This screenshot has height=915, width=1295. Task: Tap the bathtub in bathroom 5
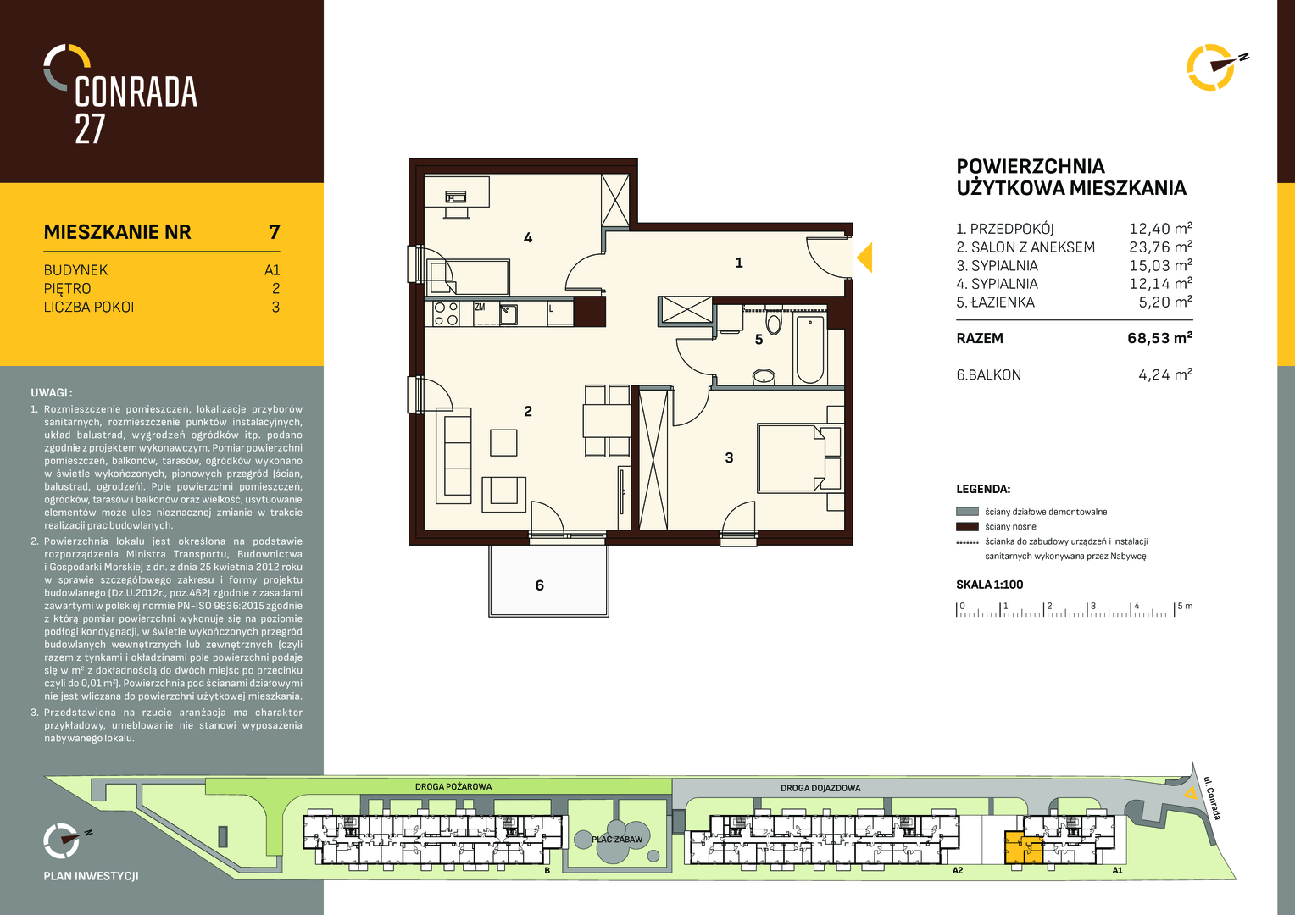[x=809, y=350]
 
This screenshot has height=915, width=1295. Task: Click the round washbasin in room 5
[x=764, y=377]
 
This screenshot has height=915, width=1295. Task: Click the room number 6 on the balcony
[x=539, y=585]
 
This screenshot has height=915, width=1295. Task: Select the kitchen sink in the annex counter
[x=509, y=313]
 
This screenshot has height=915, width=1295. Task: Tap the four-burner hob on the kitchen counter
[x=446, y=313]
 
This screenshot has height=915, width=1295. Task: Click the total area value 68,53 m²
[x=1159, y=338]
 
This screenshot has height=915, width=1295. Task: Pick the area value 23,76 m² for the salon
[x=1160, y=247]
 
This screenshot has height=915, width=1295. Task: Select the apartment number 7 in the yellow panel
[x=274, y=232]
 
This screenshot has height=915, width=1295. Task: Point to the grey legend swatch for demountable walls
[x=967, y=512]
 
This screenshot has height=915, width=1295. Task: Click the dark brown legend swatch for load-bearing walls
[x=967, y=527]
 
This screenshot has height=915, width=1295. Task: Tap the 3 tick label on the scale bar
[x=1092, y=606]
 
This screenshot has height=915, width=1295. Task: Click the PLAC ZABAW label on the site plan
[x=617, y=840]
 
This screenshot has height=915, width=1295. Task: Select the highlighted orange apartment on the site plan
[x=1023, y=849]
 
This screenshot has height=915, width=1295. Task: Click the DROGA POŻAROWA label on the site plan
[x=453, y=787]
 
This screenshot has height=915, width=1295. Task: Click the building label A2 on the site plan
[x=958, y=870]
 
